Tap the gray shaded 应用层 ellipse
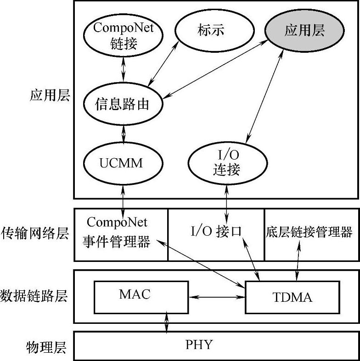304,31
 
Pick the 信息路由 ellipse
123,105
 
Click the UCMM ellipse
123,163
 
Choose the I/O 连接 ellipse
227,163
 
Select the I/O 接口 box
216,232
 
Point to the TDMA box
292,297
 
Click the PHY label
199,344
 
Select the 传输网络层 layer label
35,233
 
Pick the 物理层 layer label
46,347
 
